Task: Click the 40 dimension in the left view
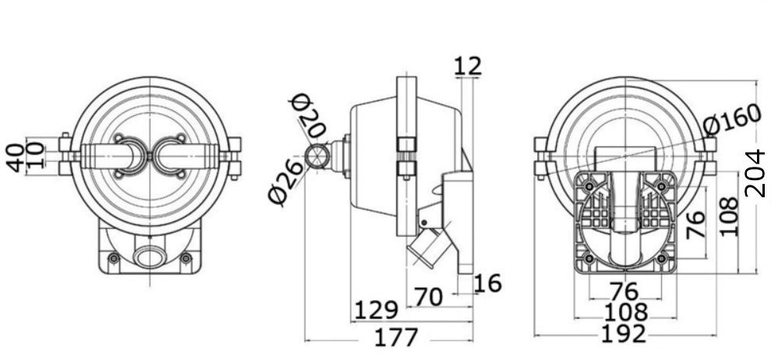point(16,158)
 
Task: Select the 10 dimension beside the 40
point(36,154)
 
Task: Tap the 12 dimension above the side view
point(467,66)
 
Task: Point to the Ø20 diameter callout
point(308,116)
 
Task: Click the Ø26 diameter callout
point(286,182)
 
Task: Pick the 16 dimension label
point(488,284)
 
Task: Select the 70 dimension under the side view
point(428,297)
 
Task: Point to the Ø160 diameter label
point(732,121)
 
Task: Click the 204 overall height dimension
point(755,174)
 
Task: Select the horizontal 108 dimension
point(625,312)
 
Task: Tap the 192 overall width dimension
point(624,334)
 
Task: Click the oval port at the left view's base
point(150,258)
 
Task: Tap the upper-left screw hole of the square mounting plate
point(589,186)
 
